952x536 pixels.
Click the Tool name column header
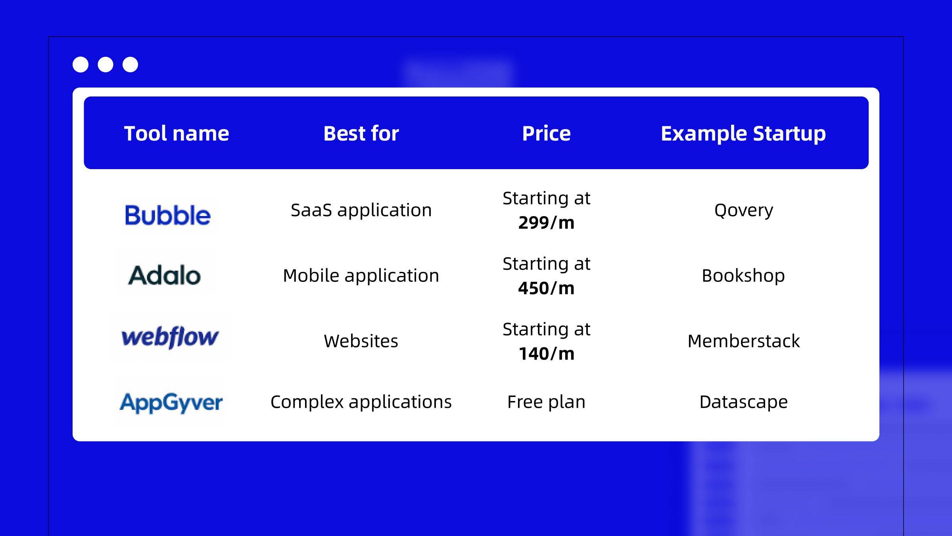point(177,133)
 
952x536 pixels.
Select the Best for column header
point(361,133)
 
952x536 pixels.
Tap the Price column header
point(546,133)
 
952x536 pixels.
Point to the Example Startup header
point(743,134)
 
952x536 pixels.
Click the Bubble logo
point(168,215)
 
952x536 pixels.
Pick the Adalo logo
point(165,275)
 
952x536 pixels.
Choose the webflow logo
point(170,337)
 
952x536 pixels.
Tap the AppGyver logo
point(171,403)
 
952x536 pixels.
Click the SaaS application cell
point(361,210)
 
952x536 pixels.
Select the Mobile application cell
point(361,276)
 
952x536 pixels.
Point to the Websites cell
point(361,341)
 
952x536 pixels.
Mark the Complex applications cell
point(361,402)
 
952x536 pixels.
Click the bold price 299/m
point(546,223)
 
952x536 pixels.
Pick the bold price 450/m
point(546,288)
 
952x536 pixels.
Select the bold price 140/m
point(546,354)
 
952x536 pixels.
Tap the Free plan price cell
point(546,402)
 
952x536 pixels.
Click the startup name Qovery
point(744,210)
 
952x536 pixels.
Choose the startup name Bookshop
point(743,276)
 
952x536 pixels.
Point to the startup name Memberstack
point(744,341)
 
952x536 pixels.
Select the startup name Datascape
point(744,402)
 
